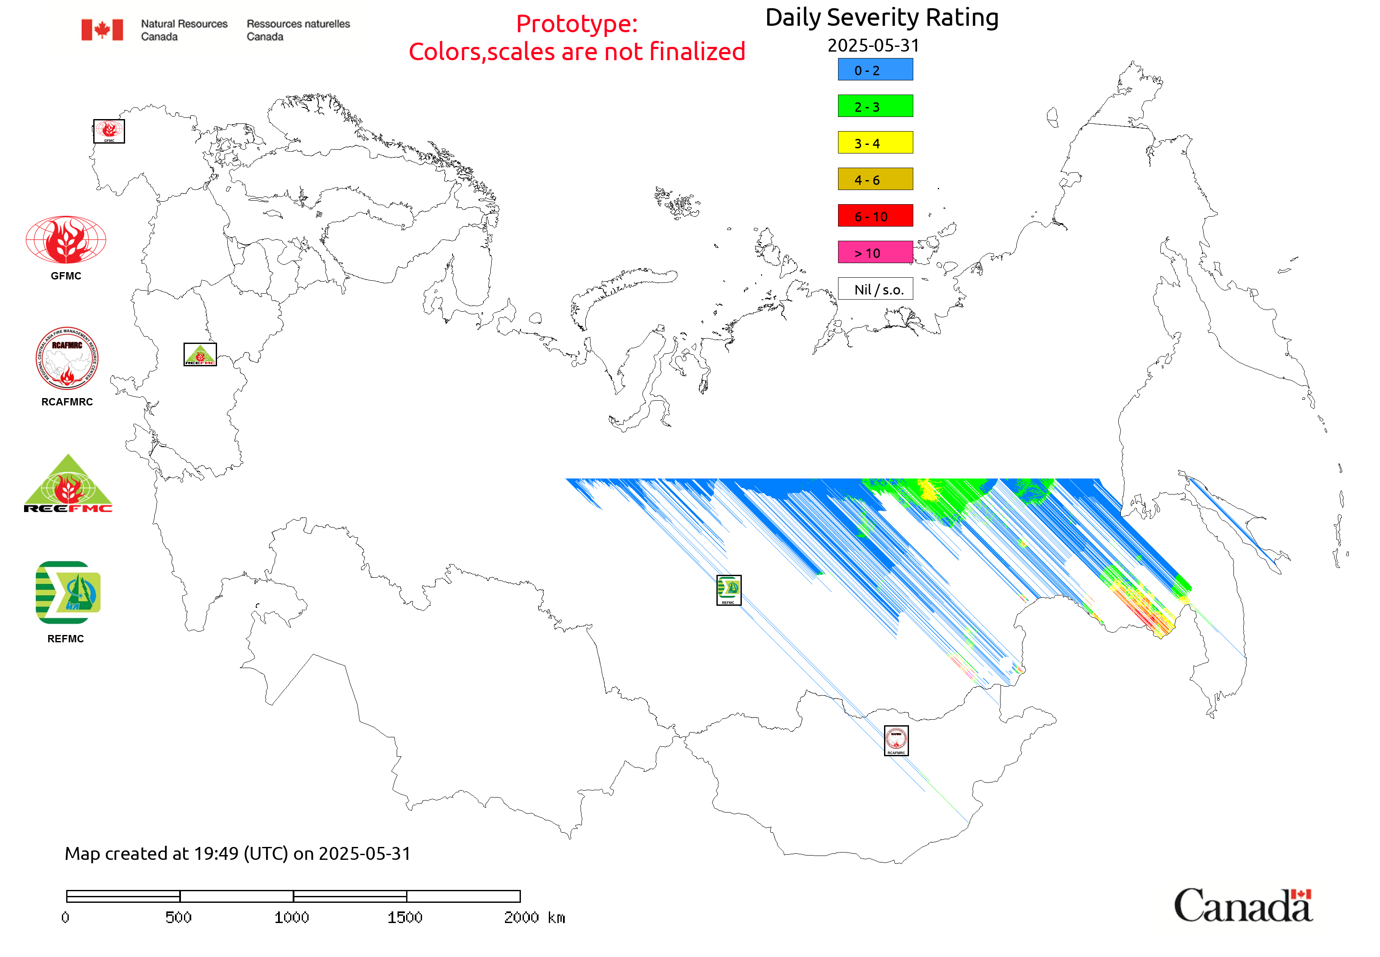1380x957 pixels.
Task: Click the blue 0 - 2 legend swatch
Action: click(x=875, y=70)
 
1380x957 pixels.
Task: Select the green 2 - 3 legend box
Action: click(x=875, y=106)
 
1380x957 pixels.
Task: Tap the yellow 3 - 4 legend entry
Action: click(x=875, y=143)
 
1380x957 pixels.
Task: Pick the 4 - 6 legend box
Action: click(x=875, y=179)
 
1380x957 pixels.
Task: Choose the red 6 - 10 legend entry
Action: click(x=875, y=216)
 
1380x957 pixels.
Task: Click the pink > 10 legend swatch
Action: click(x=875, y=252)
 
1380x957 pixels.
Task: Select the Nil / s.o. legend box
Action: click(x=875, y=289)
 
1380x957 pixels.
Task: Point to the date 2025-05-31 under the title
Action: click(x=873, y=46)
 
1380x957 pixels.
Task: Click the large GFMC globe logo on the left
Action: click(x=66, y=240)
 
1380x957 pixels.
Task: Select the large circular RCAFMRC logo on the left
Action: click(x=67, y=359)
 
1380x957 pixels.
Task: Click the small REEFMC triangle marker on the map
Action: click(x=199, y=354)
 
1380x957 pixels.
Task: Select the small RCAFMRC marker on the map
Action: click(x=896, y=740)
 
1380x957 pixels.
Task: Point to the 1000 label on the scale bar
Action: click(x=292, y=917)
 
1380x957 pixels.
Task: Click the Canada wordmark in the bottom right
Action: click(x=1242, y=905)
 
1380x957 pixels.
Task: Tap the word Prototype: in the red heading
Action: click(x=577, y=24)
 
